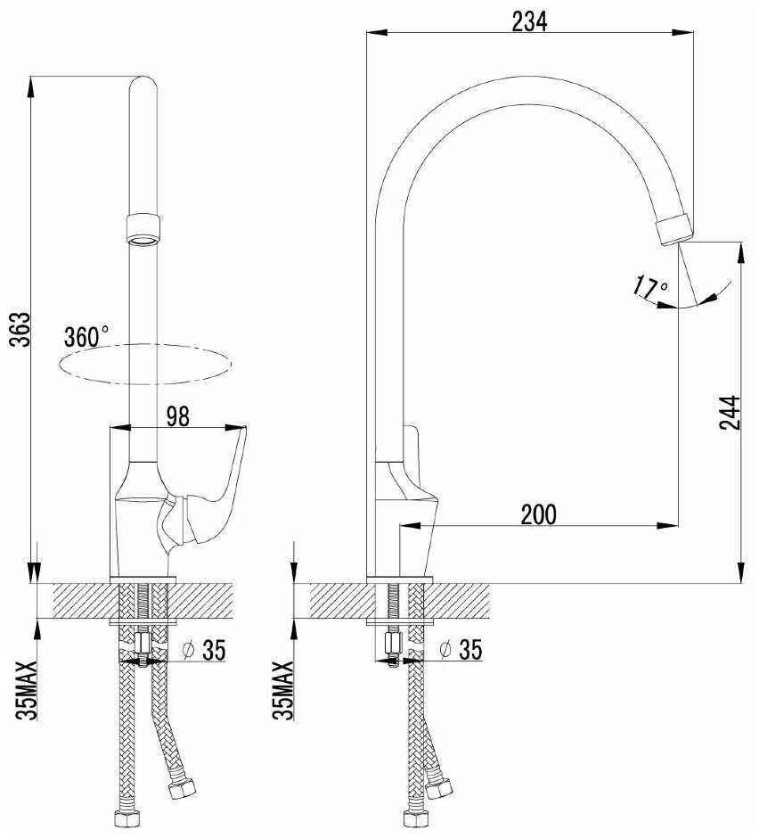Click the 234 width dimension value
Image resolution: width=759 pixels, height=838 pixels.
(x=529, y=21)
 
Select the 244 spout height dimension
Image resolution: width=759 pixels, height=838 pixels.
(x=730, y=412)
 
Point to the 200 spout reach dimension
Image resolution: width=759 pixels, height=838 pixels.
(x=538, y=514)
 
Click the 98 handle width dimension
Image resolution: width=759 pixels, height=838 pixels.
(x=178, y=416)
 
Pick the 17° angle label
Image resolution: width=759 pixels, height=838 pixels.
(x=650, y=287)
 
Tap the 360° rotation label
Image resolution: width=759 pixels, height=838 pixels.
(x=86, y=337)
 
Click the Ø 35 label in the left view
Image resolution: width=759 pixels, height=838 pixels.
(x=204, y=650)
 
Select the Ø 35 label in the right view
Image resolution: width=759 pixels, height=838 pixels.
(x=460, y=649)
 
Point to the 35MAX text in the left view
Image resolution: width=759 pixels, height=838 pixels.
(x=26, y=690)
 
